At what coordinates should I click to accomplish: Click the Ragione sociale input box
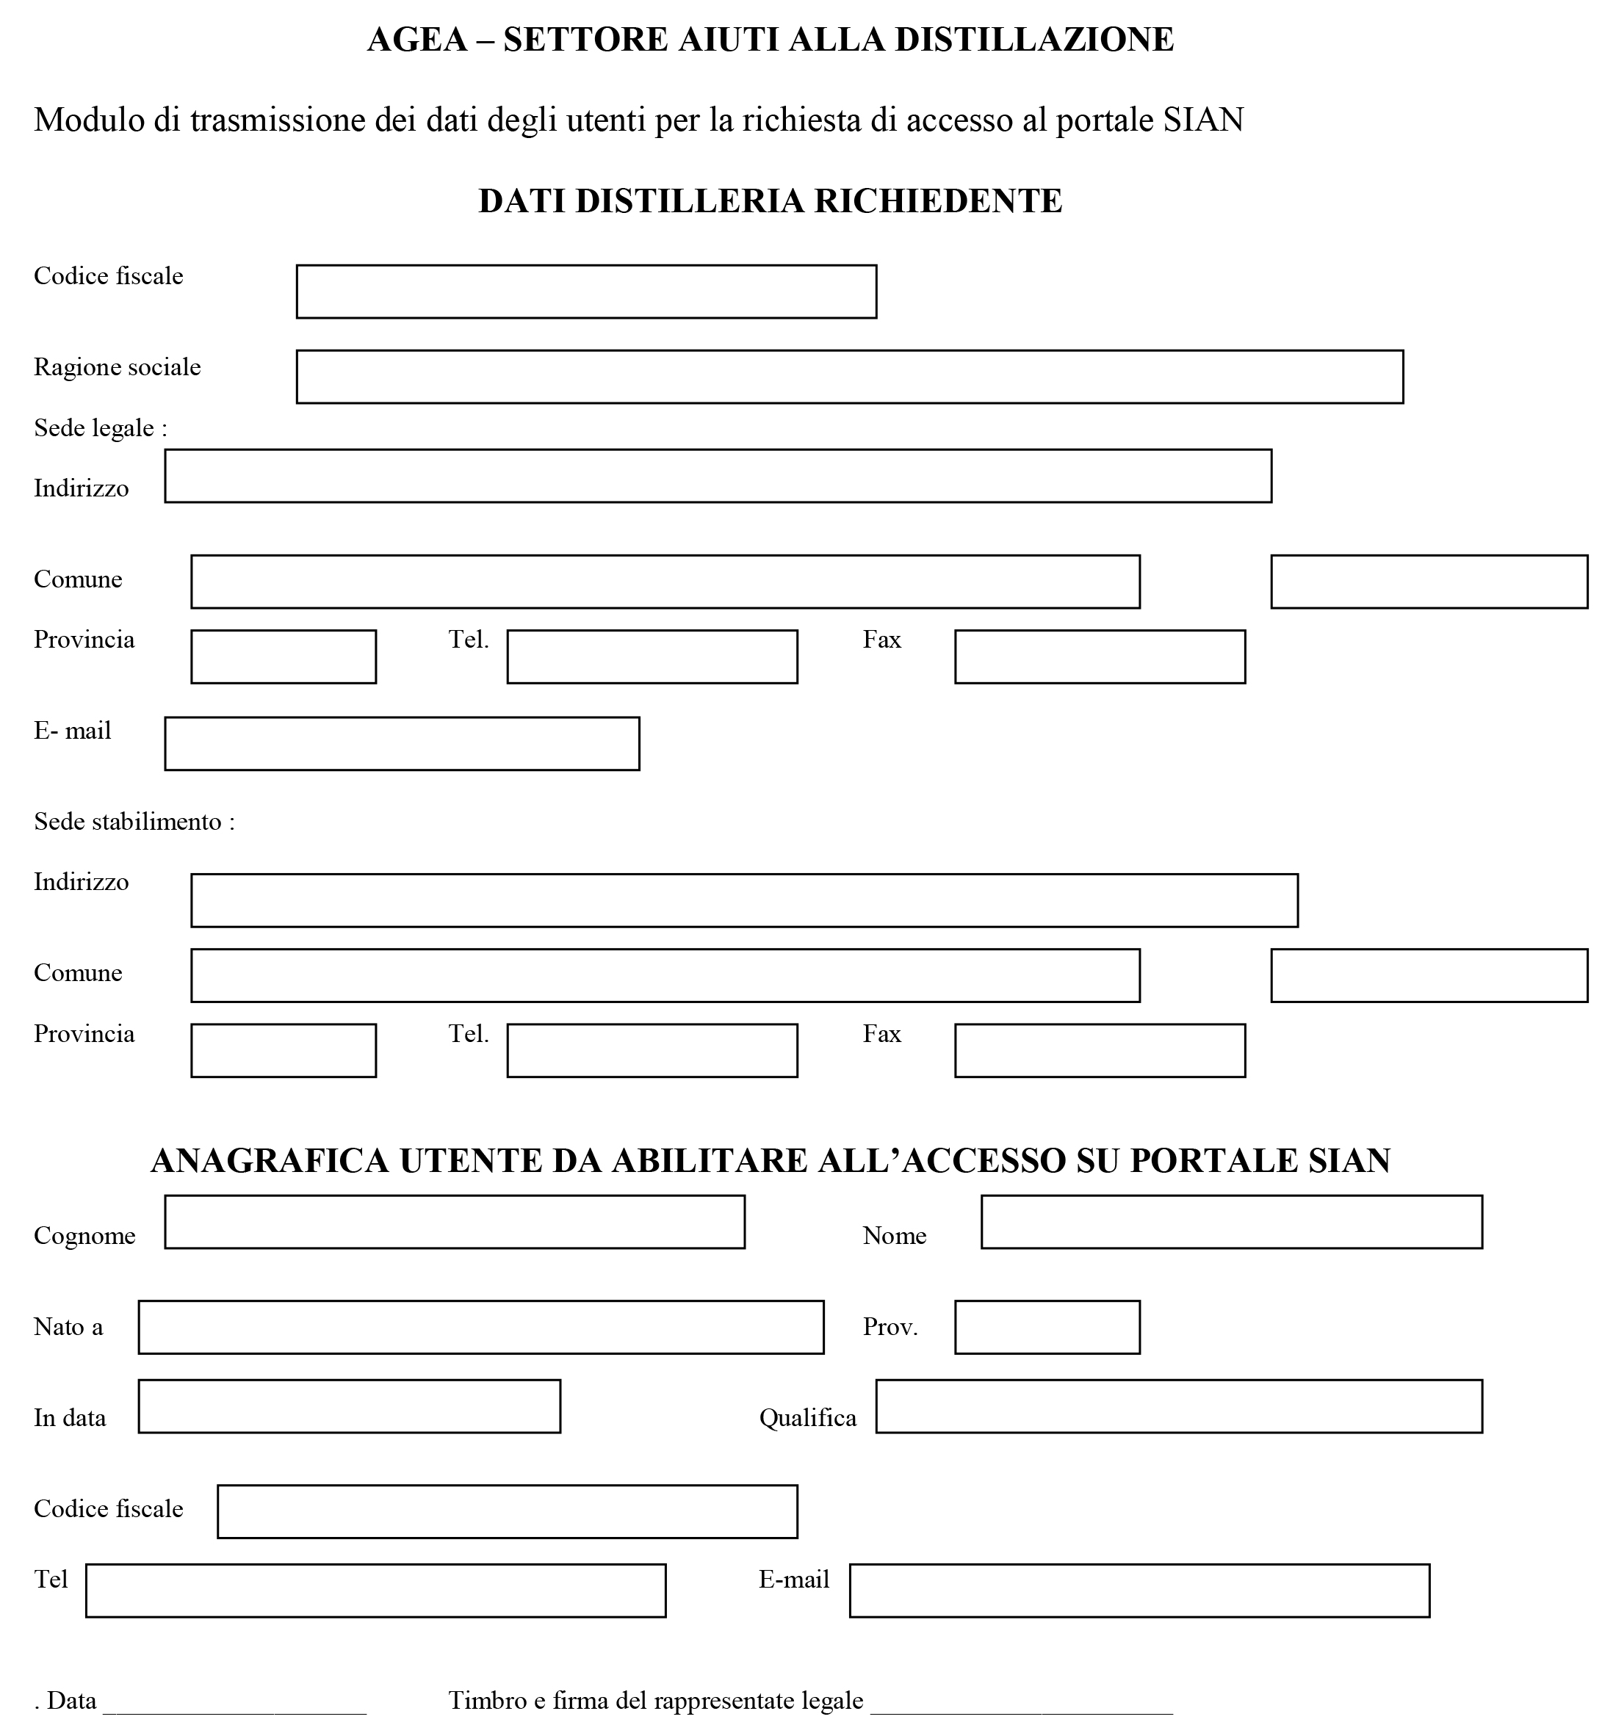(x=848, y=377)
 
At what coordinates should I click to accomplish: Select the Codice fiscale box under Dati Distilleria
(x=585, y=292)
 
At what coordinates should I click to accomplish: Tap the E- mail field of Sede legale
(x=401, y=743)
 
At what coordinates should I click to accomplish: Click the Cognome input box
(x=454, y=1222)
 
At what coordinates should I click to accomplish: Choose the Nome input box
(x=1230, y=1222)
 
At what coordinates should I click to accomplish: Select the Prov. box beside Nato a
(x=1046, y=1327)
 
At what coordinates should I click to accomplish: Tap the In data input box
(x=348, y=1407)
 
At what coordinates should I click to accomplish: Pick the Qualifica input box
(x=1177, y=1407)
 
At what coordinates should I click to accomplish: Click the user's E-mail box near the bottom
(x=1139, y=1591)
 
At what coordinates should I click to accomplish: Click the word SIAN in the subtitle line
(x=1202, y=120)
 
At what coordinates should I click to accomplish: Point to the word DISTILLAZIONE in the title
(x=1033, y=40)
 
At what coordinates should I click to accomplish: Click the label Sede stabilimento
(x=134, y=821)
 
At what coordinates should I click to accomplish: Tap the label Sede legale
(x=100, y=428)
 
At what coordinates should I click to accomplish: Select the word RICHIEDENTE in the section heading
(x=937, y=201)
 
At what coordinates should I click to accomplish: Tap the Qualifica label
(x=807, y=1418)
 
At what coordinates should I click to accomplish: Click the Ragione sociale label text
(x=117, y=367)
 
